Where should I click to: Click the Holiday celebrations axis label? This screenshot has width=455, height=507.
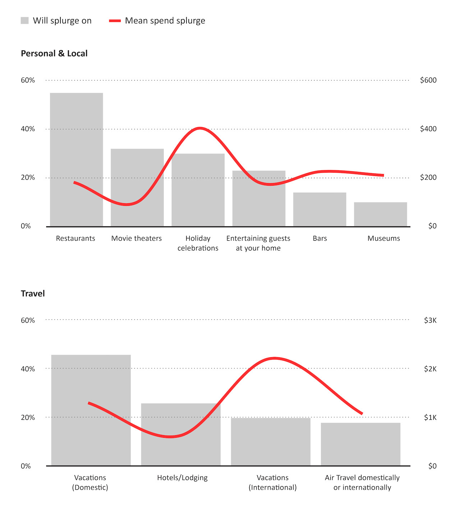198,243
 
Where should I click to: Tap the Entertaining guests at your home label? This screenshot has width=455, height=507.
258,243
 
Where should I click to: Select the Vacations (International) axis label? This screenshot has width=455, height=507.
272,482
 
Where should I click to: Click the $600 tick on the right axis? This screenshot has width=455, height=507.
428,80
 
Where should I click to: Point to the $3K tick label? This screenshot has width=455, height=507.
430,320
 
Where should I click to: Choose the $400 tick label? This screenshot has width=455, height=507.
428,129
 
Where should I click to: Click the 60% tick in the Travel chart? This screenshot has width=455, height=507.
28,320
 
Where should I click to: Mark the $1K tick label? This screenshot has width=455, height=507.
430,418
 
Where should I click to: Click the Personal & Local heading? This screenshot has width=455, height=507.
54,54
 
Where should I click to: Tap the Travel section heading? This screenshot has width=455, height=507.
33,294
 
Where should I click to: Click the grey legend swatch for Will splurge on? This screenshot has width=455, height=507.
24,21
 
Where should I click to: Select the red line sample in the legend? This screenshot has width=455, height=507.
115,21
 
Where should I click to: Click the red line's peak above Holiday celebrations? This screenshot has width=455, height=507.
199,128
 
